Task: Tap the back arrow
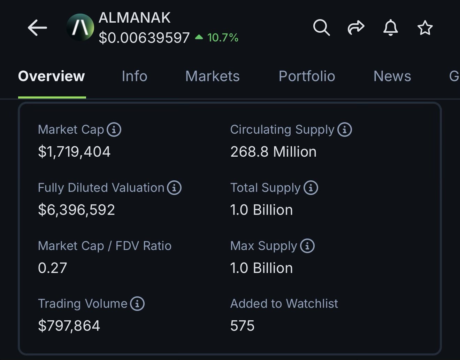[37, 28]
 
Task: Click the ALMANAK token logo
[80, 28]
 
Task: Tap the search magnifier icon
[321, 28]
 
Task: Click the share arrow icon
[356, 28]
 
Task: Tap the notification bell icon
[390, 28]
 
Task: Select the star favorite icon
[425, 28]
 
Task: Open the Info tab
[135, 76]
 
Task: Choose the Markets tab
[212, 76]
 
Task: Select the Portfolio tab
[307, 76]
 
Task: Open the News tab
[392, 76]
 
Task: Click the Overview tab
[52, 76]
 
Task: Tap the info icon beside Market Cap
[114, 130]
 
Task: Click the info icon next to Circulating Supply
[345, 130]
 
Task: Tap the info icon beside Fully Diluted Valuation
[174, 188]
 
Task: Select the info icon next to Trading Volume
[137, 304]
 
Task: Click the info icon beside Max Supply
[307, 246]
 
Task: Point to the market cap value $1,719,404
[74, 152]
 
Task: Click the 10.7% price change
[222, 38]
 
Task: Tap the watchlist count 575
[243, 326]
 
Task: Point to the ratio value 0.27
[52, 268]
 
